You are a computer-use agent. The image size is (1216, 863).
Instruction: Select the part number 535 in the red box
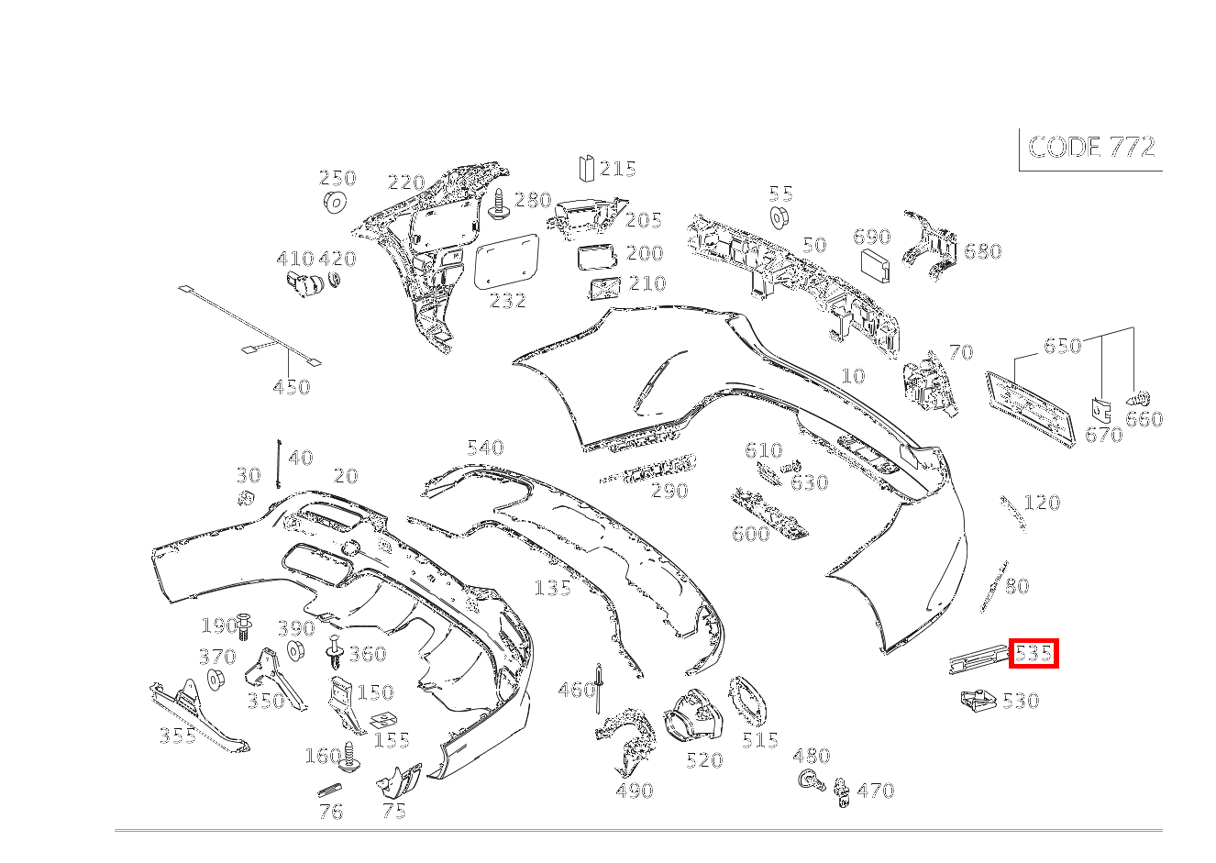click(x=1034, y=654)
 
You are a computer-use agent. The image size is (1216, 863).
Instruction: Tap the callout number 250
click(x=337, y=178)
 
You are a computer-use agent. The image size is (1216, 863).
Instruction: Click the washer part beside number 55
click(x=779, y=217)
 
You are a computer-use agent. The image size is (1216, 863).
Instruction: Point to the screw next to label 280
click(x=500, y=205)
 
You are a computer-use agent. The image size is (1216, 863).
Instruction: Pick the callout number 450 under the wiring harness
click(x=292, y=387)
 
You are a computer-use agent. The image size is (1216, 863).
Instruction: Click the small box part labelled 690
click(x=875, y=266)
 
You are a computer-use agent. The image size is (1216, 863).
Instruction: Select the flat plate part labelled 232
click(x=506, y=261)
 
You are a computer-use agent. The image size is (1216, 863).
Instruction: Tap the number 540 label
click(x=485, y=448)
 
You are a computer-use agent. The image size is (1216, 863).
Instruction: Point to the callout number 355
click(x=178, y=736)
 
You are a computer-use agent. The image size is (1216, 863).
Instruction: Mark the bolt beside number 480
click(x=812, y=781)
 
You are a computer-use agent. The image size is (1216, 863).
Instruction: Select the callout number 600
click(x=751, y=534)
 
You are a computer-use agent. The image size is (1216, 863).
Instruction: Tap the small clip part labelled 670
click(x=1100, y=410)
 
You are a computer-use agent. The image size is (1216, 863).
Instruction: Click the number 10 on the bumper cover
click(x=853, y=376)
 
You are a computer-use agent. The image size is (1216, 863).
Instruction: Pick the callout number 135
click(x=553, y=588)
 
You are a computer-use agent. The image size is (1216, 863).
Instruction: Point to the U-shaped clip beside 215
click(x=586, y=168)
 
